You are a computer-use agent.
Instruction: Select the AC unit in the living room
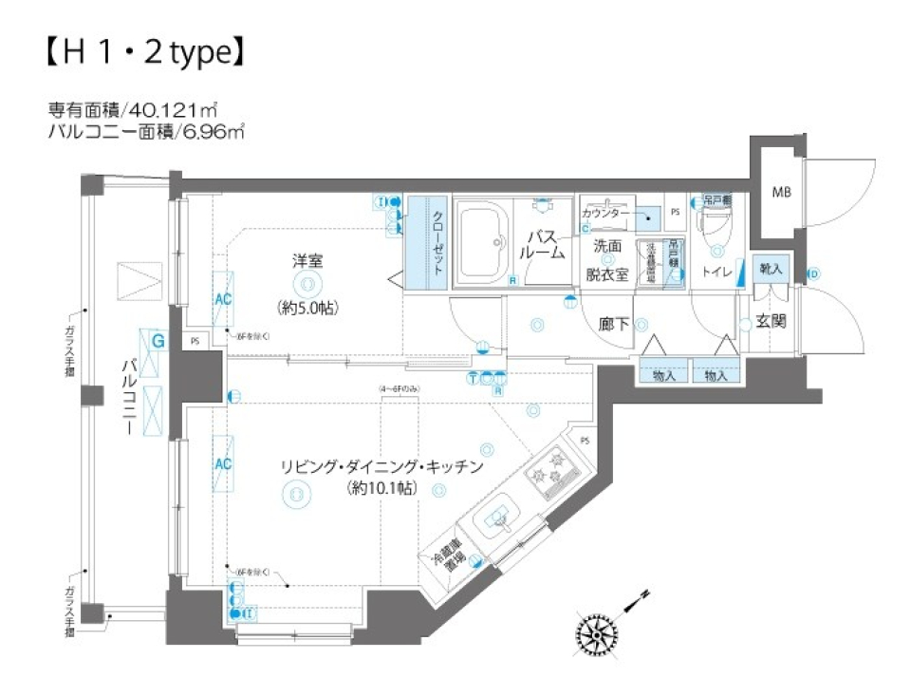[223, 464]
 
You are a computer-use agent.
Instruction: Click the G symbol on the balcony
[158, 339]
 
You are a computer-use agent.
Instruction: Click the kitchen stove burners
[549, 471]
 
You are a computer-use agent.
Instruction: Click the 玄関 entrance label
[771, 322]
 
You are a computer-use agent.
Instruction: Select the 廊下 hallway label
[615, 324]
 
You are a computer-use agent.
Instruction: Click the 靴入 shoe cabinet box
[770, 269]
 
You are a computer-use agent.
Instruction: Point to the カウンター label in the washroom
[604, 216]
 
